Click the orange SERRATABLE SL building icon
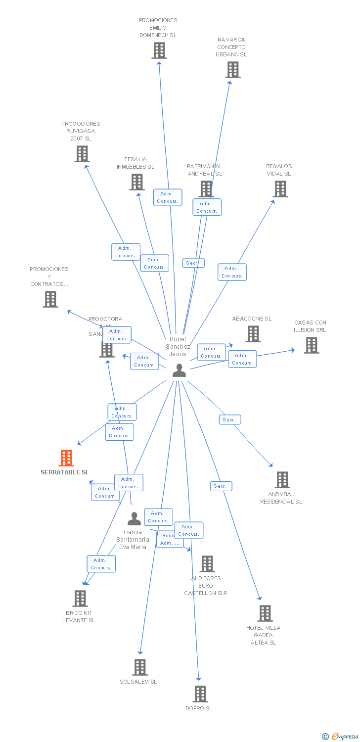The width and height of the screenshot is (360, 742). coord(66,458)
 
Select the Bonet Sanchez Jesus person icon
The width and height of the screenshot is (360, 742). coord(179,370)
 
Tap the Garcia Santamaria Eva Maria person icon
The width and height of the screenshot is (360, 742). coord(134,518)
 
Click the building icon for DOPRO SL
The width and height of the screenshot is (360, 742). coord(200,694)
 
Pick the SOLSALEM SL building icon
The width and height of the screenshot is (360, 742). coord(140,667)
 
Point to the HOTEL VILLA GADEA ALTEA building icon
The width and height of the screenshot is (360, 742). coord(265,613)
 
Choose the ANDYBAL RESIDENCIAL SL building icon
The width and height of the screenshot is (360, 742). coord(282,480)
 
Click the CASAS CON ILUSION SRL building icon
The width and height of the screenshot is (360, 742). coord(311,345)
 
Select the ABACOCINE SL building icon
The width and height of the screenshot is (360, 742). coord(253,334)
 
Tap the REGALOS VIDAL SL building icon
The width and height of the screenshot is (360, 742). coord(280,189)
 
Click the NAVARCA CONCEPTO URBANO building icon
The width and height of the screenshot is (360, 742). coord(233,70)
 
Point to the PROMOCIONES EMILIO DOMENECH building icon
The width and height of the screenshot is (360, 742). coord(159,50)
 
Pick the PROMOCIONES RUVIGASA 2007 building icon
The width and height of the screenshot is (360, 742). coord(82,154)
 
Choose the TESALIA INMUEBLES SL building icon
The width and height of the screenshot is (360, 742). coord(137,182)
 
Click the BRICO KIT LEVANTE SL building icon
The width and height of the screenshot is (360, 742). coord(80,599)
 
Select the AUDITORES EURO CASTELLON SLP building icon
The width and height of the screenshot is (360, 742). coord(207,564)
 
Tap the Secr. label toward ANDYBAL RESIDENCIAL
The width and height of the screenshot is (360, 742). coord(229,419)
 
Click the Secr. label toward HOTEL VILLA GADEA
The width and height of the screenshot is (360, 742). coord(221,486)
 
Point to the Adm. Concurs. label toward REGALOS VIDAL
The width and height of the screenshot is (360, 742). coord(232,272)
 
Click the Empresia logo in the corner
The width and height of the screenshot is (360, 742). coord(340,736)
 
